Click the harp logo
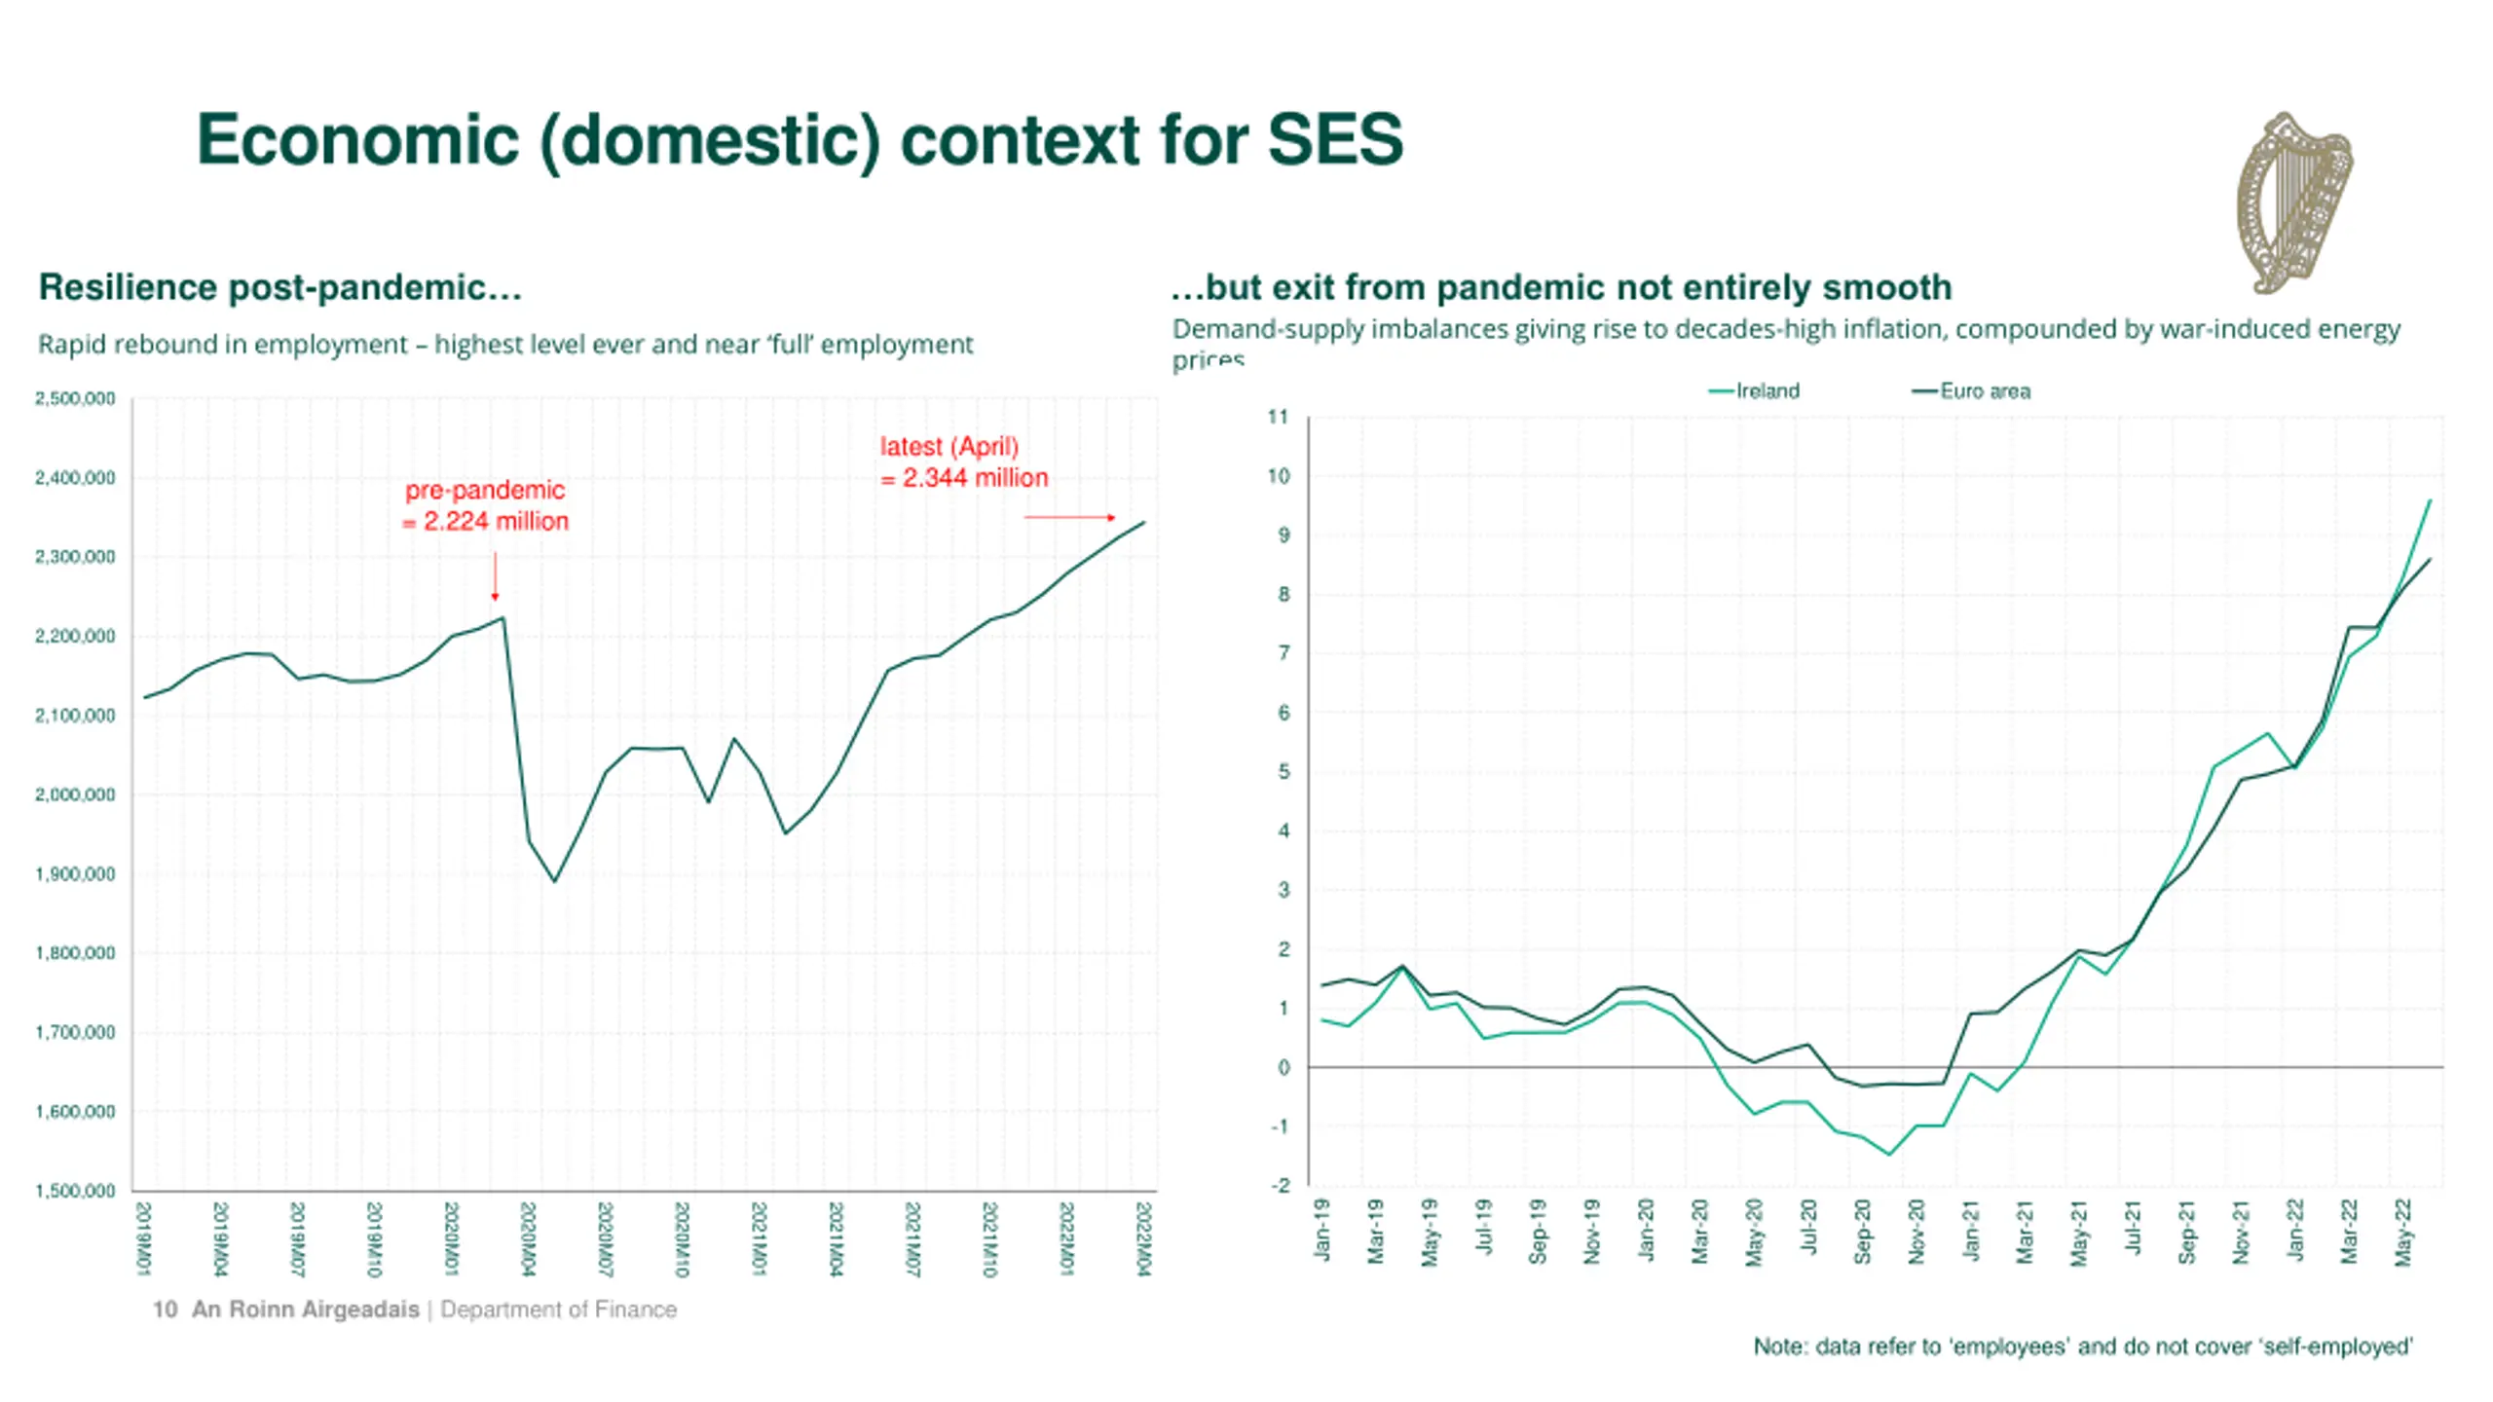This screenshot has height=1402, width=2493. (2293, 203)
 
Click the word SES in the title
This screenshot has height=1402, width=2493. (1334, 139)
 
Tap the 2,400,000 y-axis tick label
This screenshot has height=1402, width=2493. (75, 478)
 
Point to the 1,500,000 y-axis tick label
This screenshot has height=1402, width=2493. (75, 1191)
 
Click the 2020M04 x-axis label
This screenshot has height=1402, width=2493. (528, 1238)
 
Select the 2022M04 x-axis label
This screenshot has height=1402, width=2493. (1144, 1238)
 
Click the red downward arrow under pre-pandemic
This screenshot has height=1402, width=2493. (495, 576)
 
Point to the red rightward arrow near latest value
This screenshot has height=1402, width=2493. (1069, 517)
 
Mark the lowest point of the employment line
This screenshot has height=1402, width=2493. (555, 881)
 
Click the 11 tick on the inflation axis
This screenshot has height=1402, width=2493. (1278, 418)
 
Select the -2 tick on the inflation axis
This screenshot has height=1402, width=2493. (1280, 1186)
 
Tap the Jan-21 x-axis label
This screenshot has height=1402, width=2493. (1970, 1232)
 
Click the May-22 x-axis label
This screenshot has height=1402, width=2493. (2403, 1233)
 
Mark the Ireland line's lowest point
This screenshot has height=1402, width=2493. (1889, 1155)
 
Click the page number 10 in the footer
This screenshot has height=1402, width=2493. (165, 1310)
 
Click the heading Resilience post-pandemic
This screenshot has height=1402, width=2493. (280, 287)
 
